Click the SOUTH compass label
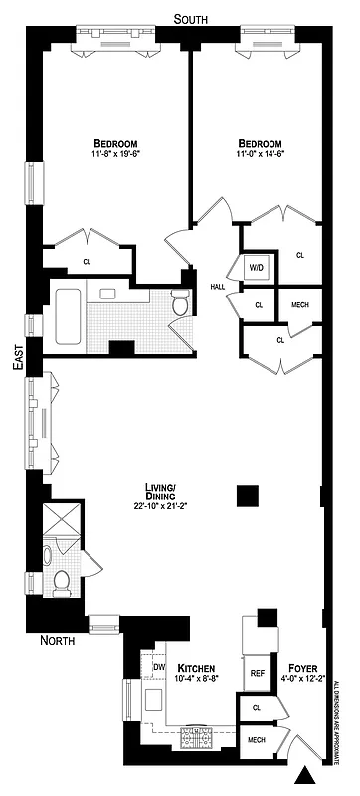[x=190, y=19]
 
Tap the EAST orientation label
[x=17, y=365]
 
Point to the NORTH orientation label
[x=57, y=640]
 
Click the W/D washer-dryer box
[x=255, y=268]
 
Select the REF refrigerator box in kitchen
[x=257, y=673]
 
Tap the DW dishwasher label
[x=159, y=667]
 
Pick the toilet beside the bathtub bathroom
[x=180, y=303]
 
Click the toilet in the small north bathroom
[x=60, y=581]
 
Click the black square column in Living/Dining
[x=247, y=495]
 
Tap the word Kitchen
[x=197, y=667]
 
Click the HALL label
[x=217, y=287]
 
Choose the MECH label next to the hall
[x=299, y=305]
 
